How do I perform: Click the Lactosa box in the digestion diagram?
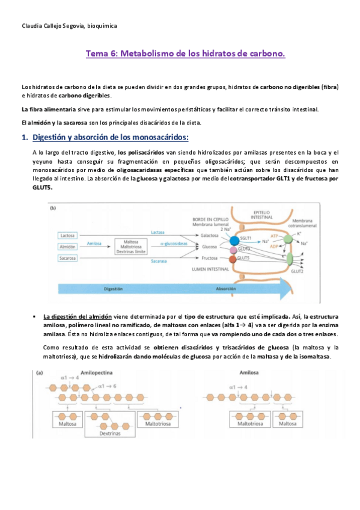click(x=69, y=236)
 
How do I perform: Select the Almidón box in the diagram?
click(x=69, y=247)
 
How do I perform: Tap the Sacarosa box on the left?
click(x=69, y=258)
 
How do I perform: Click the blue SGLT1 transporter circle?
click(x=234, y=240)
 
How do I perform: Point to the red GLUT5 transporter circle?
click(x=233, y=259)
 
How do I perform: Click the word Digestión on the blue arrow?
click(x=114, y=288)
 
